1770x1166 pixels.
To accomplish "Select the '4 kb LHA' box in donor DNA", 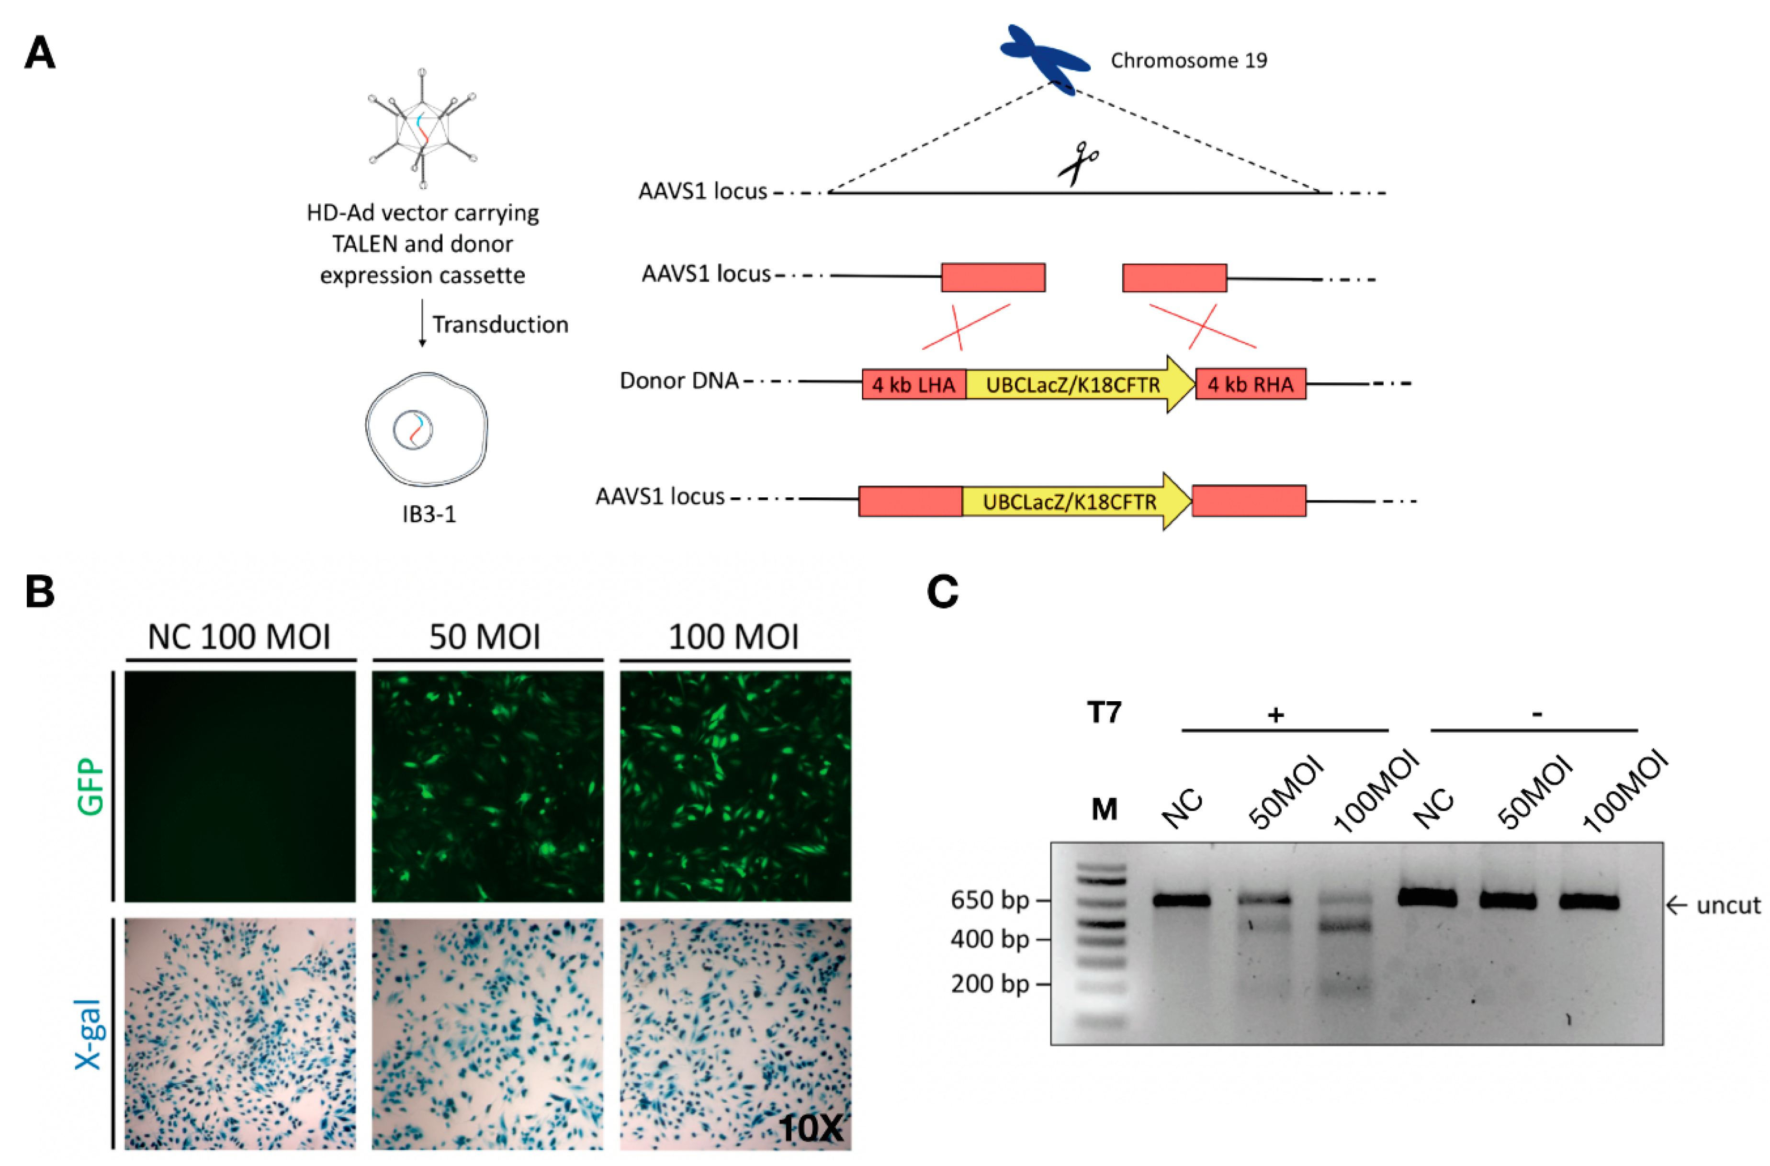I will pos(914,384).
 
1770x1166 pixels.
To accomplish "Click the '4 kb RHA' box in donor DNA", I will pos(1250,384).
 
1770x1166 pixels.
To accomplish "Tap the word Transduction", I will pos(500,325).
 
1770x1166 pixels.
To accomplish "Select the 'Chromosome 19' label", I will pos(1188,61).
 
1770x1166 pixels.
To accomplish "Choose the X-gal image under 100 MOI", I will pos(735,1033).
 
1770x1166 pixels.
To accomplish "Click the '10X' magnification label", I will pos(811,1129).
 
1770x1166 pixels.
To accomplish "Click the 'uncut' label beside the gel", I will pos(1727,905).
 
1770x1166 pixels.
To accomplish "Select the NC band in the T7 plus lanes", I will pos(1182,900).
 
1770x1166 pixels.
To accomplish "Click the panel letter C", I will pos(942,593).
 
